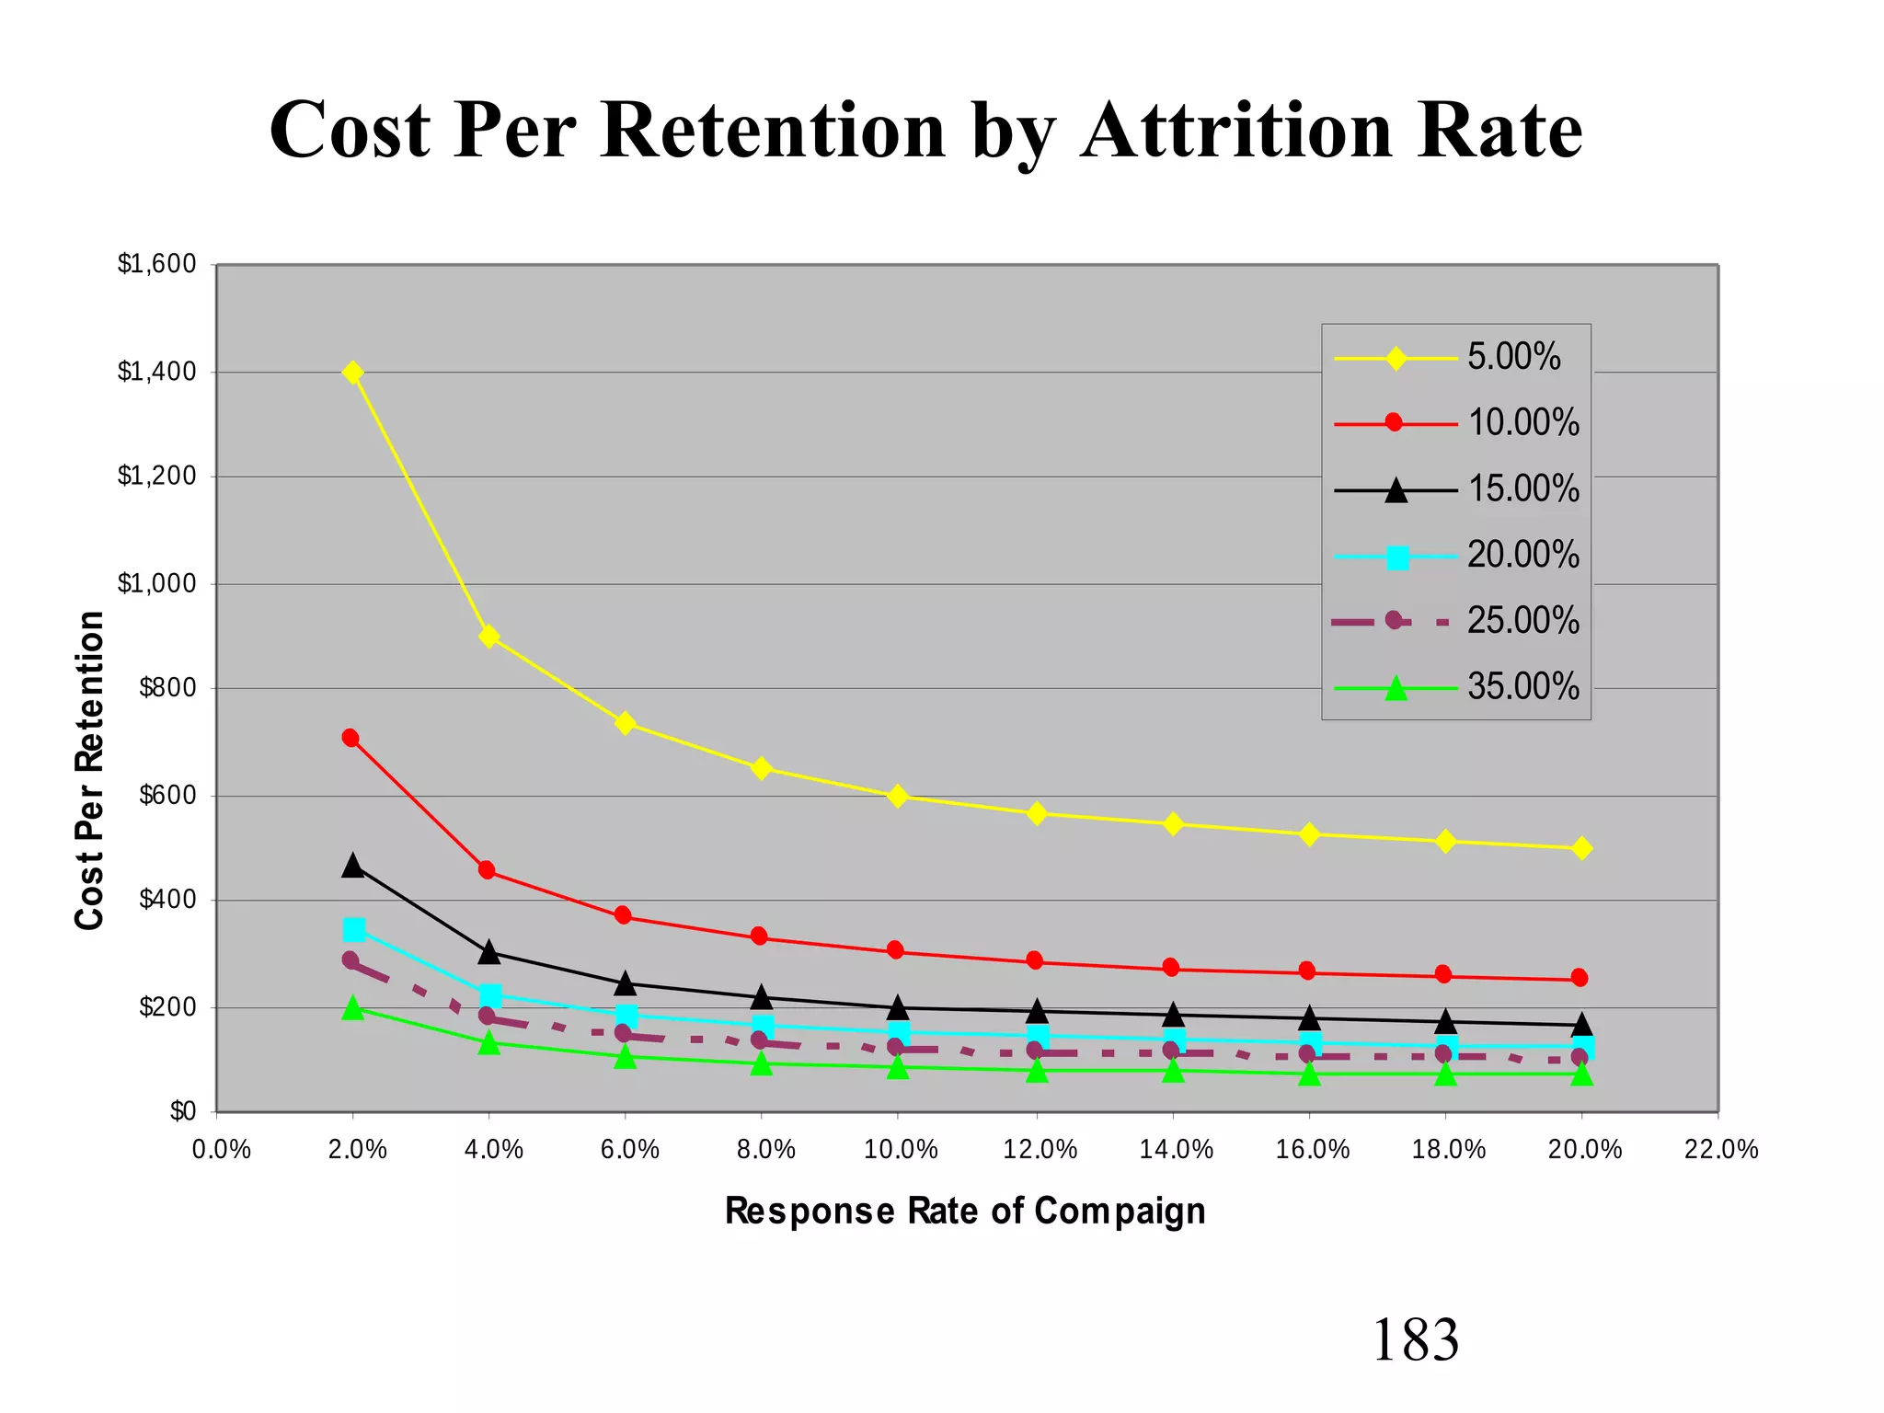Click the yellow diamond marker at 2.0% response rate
pyautogui.click(x=352, y=373)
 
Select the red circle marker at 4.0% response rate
pyautogui.click(x=487, y=870)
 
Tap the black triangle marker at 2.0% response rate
pyautogui.click(x=352, y=866)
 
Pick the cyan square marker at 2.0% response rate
pyautogui.click(x=354, y=930)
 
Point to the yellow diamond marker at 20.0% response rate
pyautogui.click(x=1581, y=848)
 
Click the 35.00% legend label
pyautogui.click(x=1522, y=687)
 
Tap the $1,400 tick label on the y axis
pyautogui.click(x=156, y=372)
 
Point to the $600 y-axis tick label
pyautogui.click(x=167, y=796)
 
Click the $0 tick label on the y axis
pyautogui.click(x=182, y=1111)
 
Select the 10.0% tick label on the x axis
pyautogui.click(x=901, y=1150)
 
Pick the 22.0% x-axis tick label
pyautogui.click(x=1720, y=1150)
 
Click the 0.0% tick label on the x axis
pyautogui.click(x=221, y=1150)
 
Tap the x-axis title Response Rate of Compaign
pyautogui.click(x=965, y=1211)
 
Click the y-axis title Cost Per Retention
pyautogui.click(x=89, y=771)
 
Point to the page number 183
pyautogui.click(x=1415, y=1340)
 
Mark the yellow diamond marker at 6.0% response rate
pyautogui.click(x=625, y=723)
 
